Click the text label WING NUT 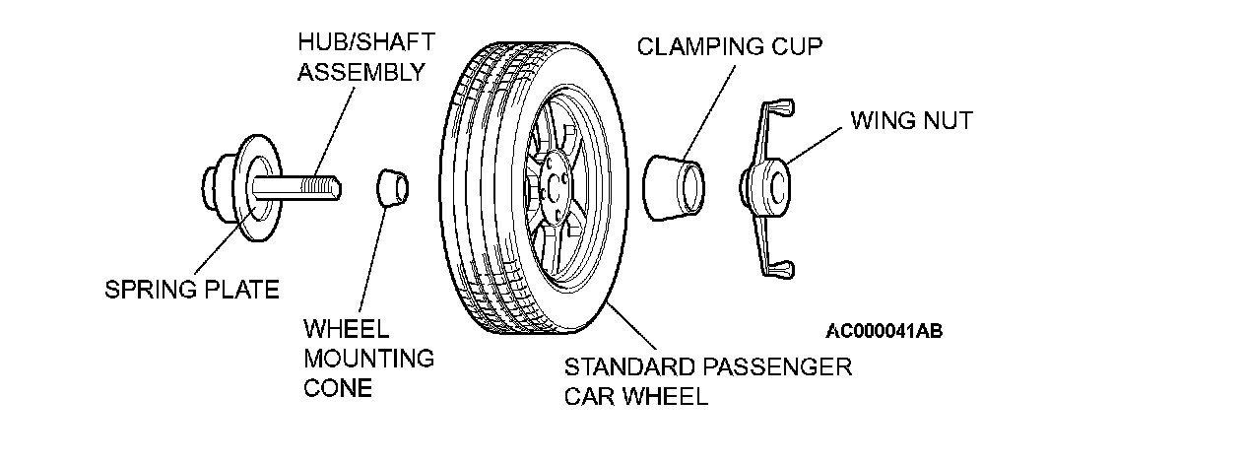click(911, 121)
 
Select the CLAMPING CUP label click(729, 46)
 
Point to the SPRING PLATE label click(192, 290)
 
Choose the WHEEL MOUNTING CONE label click(367, 358)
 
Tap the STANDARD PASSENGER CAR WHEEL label click(706, 382)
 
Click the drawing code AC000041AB click(884, 331)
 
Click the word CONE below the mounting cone click(338, 388)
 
